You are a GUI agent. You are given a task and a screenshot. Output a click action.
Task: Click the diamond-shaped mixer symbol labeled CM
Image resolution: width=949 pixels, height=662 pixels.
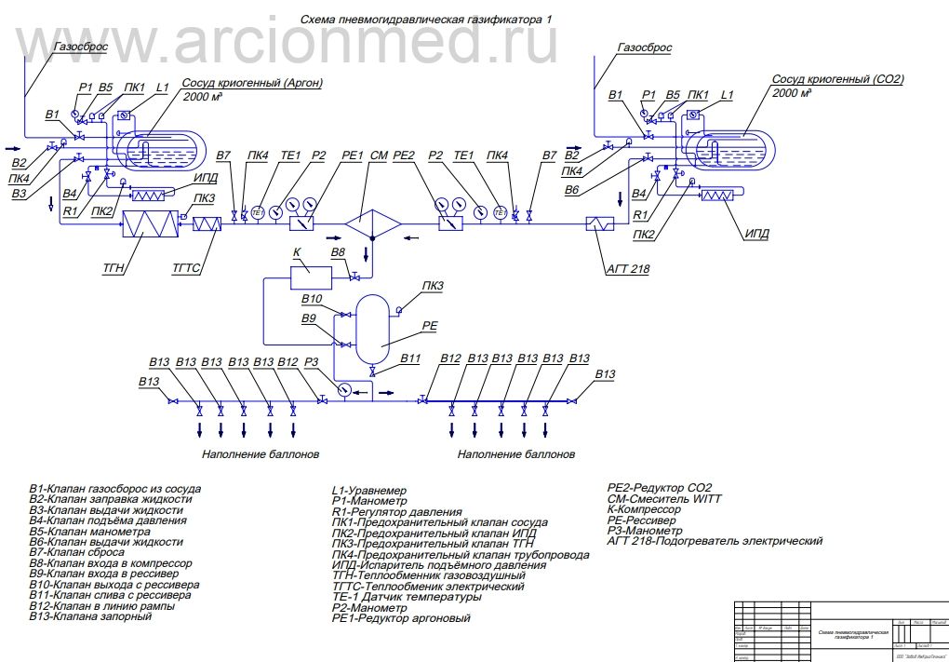coord(372,223)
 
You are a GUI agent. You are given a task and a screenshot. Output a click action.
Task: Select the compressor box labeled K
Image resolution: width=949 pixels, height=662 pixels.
coord(311,277)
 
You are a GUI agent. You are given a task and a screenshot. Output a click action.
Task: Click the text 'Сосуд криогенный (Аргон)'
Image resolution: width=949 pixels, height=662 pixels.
coord(252,83)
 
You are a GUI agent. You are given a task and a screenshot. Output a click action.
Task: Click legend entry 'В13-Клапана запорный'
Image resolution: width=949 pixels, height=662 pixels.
coord(90,616)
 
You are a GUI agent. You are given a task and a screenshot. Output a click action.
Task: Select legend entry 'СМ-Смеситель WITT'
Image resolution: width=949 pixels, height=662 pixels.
coord(663,499)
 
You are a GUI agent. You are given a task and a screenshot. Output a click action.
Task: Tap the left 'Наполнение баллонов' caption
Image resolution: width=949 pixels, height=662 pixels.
coord(261,455)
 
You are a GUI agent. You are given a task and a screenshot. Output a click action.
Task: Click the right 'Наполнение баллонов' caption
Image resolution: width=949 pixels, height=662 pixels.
coord(516,455)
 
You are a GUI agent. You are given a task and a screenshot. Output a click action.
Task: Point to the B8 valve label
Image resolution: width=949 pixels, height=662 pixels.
coord(338,252)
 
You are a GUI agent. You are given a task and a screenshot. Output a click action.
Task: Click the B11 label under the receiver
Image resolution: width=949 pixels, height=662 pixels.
coord(410,358)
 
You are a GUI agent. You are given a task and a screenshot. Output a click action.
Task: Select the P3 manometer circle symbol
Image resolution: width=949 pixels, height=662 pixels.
coord(344,389)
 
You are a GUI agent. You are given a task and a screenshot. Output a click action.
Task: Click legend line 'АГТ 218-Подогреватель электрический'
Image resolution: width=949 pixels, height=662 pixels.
coord(715,541)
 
